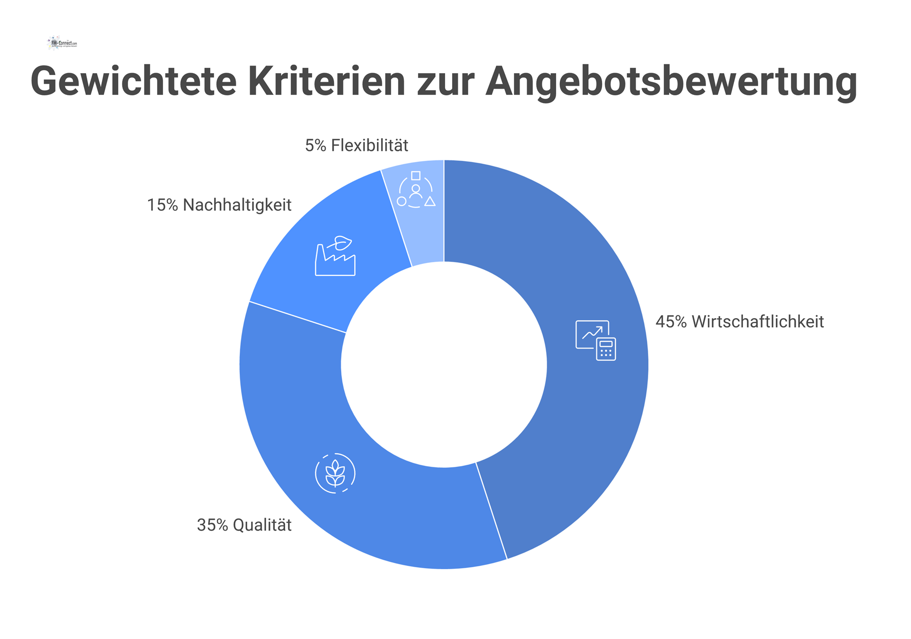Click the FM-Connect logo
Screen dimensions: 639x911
point(62,43)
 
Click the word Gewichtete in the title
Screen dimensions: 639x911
point(133,82)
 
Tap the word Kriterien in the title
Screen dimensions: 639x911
point(326,82)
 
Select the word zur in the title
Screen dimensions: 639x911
point(445,82)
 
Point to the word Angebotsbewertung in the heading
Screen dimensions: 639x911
point(671,82)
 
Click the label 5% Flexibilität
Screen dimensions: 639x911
point(356,145)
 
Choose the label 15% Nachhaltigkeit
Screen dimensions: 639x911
point(219,205)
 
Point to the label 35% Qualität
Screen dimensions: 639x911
point(244,525)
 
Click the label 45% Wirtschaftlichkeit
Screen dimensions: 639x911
point(740,322)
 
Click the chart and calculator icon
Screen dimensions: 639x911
point(595,340)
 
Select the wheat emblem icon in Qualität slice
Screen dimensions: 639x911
point(335,473)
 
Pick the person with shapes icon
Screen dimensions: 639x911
point(416,189)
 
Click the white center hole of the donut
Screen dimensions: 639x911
point(444,365)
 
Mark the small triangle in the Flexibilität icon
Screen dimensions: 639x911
point(430,202)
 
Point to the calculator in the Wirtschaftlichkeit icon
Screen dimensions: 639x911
point(606,349)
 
